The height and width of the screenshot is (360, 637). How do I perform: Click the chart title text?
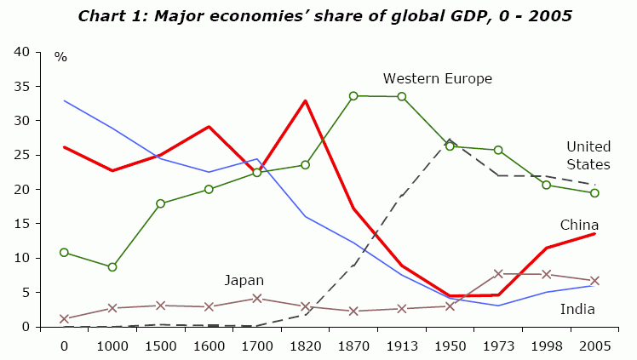point(324,15)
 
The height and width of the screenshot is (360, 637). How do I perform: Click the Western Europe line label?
point(437,78)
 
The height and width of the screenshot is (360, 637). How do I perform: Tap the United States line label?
point(588,155)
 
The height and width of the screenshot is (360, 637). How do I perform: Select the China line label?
point(579,225)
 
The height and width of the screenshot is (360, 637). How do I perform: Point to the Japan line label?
point(244,280)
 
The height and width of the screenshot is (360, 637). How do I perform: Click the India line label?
point(577,309)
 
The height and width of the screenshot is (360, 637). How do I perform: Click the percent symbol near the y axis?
point(60,57)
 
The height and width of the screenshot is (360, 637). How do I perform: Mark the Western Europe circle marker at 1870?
point(353,96)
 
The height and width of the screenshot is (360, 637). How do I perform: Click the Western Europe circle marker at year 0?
point(64,253)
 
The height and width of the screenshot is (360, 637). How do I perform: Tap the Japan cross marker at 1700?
point(256,299)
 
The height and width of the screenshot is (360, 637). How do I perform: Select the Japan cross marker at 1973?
point(498,273)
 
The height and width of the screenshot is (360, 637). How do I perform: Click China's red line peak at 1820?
point(305,100)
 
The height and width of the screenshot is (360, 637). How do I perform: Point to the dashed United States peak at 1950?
point(450,140)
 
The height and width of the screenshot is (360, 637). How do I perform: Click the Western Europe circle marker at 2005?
point(594,193)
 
